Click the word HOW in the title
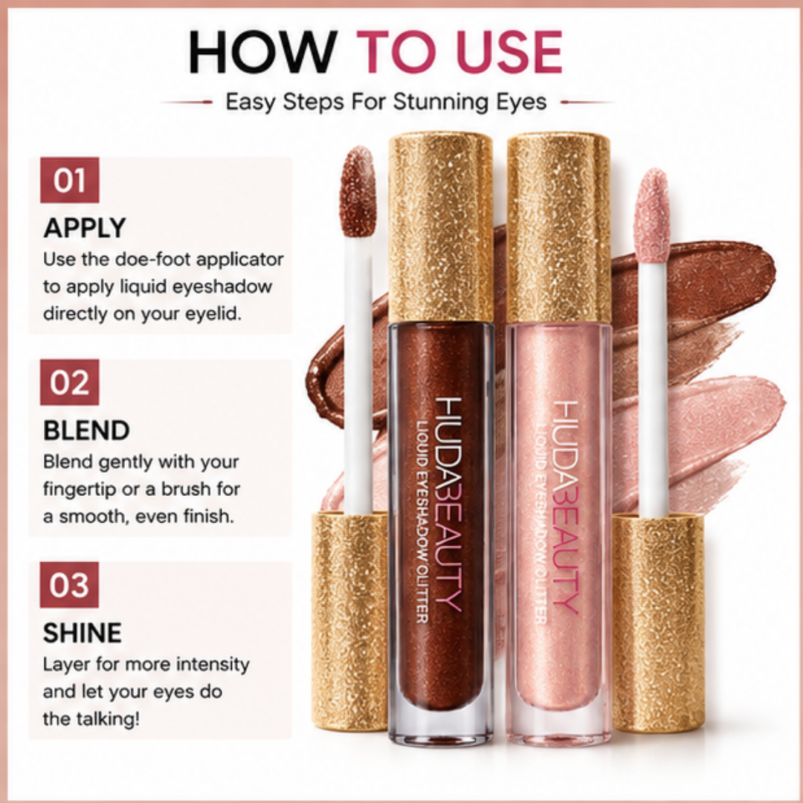(x=262, y=52)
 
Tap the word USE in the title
(x=509, y=52)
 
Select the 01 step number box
(x=70, y=180)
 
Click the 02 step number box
(x=70, y=382)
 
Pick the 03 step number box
(x=70, y=584)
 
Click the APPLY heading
(x=85, y=228)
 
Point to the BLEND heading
(x=86, y=430)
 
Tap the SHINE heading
(x=83, y=633)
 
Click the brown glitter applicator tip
(x=358, y=191)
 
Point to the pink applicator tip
(x=652, y=215)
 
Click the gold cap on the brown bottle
(x=440, y=228)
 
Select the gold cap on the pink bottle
(x=558, y=228)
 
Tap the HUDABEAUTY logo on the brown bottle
(x=448, y=504)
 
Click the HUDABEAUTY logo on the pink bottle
(x=566, y=507)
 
